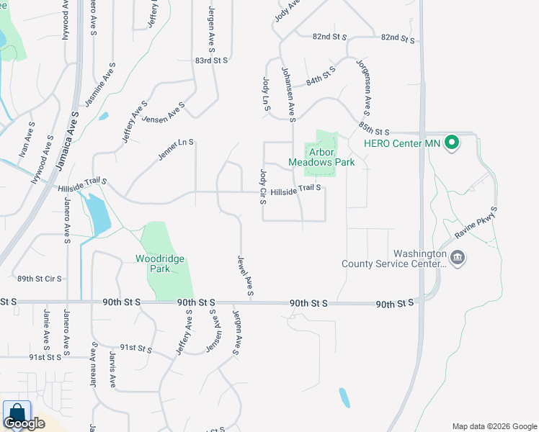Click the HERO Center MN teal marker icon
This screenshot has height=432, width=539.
pyautogui.click(x=452, y=143)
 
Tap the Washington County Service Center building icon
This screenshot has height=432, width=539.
pyautogui.click(x=457, y=258)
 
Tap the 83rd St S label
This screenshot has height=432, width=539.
pyautogui.click(x=210, y=61)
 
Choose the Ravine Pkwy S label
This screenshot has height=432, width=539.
pyautogui.click(x=478, y=222)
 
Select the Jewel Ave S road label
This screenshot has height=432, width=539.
pyautogui.click(x=245, y=276)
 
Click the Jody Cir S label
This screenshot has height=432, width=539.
pyautogui.click(x=262, y=186)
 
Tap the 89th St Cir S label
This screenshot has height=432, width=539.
pyautogui.click(x=40, y=279)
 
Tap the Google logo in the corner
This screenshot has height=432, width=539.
pyautogui.click(x=24, y=423)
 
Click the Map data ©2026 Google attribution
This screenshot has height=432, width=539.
pyautogui.click(x=494, y=426)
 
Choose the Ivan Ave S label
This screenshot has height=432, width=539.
pyautogui.click(x=27, y=140)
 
